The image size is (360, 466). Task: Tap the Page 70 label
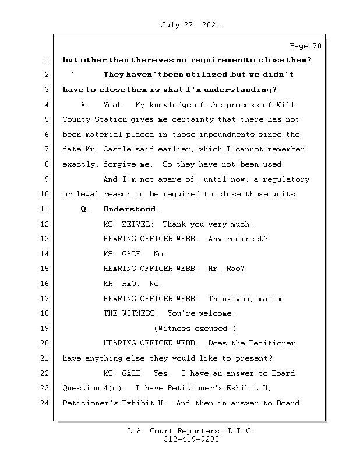pos(305,46)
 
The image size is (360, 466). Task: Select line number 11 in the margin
pos(46,209)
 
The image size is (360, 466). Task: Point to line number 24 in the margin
pos(46,403)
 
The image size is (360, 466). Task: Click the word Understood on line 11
pos(131,209)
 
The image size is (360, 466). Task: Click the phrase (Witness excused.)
pos(195,329)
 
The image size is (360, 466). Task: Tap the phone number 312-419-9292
pos(191,440)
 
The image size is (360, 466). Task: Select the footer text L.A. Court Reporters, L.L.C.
pos(191,431)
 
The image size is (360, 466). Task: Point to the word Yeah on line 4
pos(113,105)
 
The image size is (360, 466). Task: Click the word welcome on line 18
pos(217,313)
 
